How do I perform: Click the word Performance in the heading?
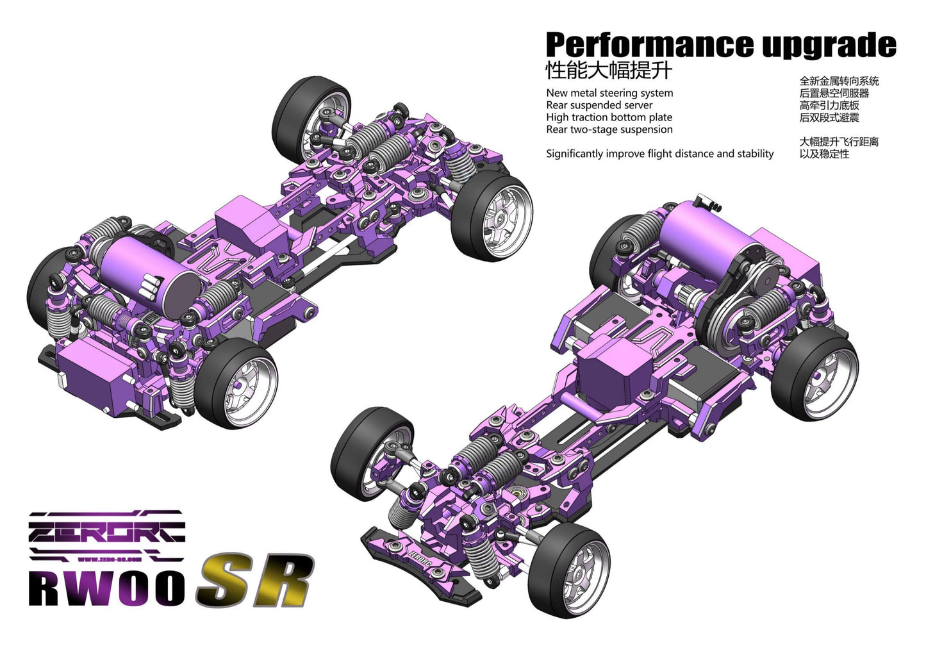(x=649, y=46)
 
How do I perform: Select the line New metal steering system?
(x=609, y=93)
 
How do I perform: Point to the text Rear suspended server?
(x=599, y=105)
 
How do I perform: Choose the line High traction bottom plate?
(x=609, y=117)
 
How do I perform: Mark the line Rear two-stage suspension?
(x=609, y=129)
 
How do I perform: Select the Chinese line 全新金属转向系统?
(x=839, y=81)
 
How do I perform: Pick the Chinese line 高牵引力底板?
(x=829, y=105)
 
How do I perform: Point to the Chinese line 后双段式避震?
(x=829, y=117)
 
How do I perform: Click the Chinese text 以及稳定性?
(x=824, y=154)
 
